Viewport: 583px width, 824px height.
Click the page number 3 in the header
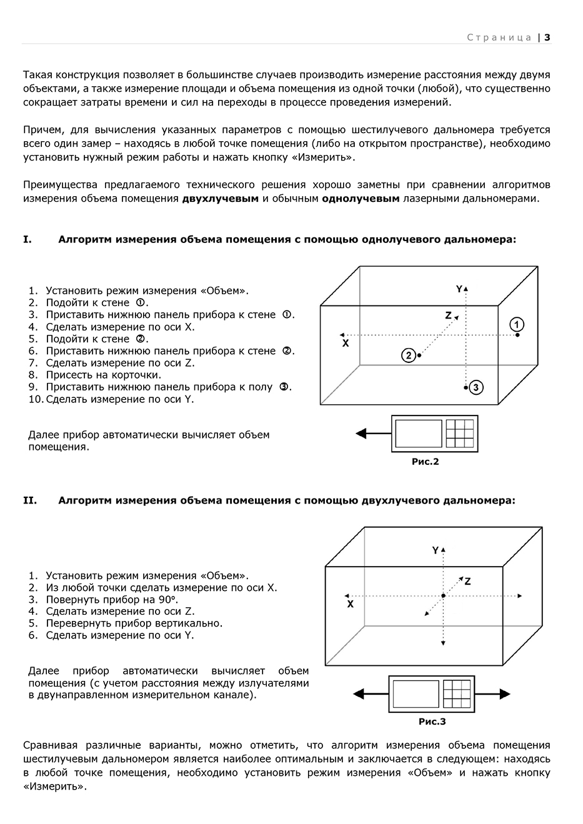click(x=547, y=37)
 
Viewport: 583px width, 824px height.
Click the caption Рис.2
click(x=425, y=462)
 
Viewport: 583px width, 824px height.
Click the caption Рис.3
click(x=432, y=722)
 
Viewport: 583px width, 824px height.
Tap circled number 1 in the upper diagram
click(x=517, y=324)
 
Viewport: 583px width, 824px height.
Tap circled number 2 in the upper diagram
click(x=408, y=355)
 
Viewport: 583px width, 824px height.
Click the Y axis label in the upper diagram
click(x=459, y=289)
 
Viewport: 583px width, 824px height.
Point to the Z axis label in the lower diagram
click(x=467, y=581)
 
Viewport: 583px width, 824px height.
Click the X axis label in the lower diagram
click(x=350, y=604)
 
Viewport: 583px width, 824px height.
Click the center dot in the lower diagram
click(x=443, y=596)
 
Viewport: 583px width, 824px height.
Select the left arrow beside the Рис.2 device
click(x=372, y=433)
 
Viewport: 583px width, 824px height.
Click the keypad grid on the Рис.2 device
click(x=460, y=434)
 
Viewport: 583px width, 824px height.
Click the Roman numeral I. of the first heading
click(x=27, y=239)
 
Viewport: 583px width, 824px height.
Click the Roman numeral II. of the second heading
click(x=30, y=500)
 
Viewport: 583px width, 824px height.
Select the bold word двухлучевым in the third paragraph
click(x=221, y=199)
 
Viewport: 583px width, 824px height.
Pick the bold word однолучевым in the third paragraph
click(x=361, y=199)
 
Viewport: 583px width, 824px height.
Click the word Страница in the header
click(x=499, y=37)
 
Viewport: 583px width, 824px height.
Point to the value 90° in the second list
click(x=168, y=599)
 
